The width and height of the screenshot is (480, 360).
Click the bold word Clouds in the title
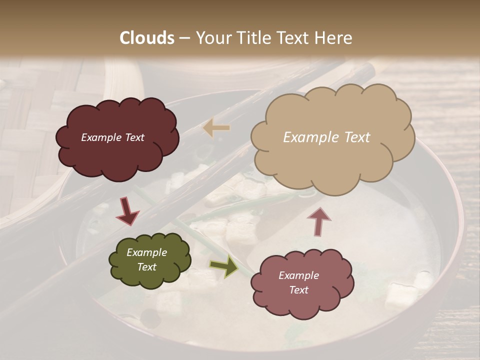pos(146,38)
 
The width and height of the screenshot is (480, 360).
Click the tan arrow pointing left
pos(216,128)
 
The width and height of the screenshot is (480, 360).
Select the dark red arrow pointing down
pos(127,211)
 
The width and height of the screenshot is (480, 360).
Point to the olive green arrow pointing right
pos(223,266)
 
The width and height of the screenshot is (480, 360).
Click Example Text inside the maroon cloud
pos(112,137)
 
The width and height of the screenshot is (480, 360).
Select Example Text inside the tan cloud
pos(326,137)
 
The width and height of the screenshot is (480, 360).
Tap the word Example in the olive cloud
pos(146,252)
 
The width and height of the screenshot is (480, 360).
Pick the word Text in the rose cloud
pos(298,290)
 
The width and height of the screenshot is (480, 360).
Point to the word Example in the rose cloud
pos(298,275)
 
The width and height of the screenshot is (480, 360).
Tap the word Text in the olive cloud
pos(146,267)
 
